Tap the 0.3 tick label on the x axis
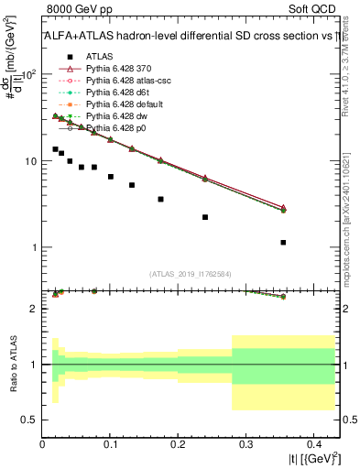pyautogui.click(x=245, y=444)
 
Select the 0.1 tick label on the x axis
pyautogui.click(x=110, y=444)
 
